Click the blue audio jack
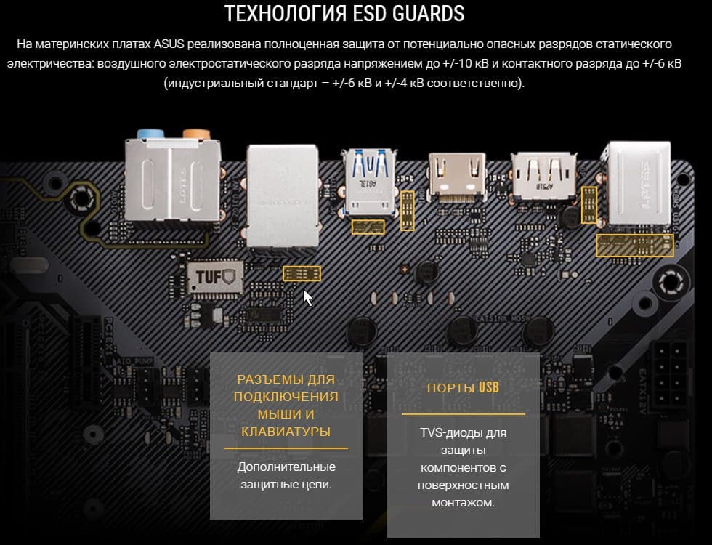coord(150,134)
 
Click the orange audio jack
coord(197,134)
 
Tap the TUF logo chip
coord(215,277)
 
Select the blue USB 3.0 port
coord(370,182)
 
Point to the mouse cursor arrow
coord(307,298)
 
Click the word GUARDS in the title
coord(428,14)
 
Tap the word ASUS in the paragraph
coord(169,44)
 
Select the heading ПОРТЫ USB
coord(463,387)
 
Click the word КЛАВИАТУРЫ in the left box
coord(286,432)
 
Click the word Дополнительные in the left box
coord(286,467)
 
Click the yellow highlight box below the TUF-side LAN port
coord(302,273)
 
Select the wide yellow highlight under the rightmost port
coord(634,246)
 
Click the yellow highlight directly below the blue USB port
coord(368,227)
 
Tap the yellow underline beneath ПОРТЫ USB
coord(464,414)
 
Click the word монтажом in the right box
coord(464,503)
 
